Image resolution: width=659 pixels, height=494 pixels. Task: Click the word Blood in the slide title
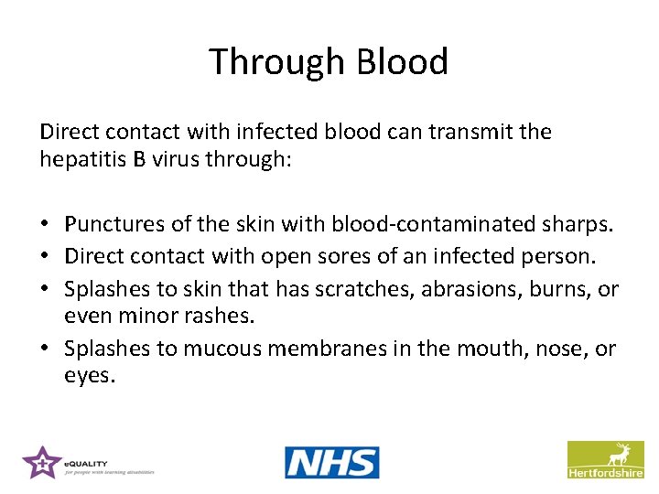coord(403,62)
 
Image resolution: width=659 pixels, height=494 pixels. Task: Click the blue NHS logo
coord(331,462)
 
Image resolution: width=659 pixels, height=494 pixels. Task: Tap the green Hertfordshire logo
coord(605,459)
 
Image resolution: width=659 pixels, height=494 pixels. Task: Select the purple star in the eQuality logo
coord(41,462)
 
